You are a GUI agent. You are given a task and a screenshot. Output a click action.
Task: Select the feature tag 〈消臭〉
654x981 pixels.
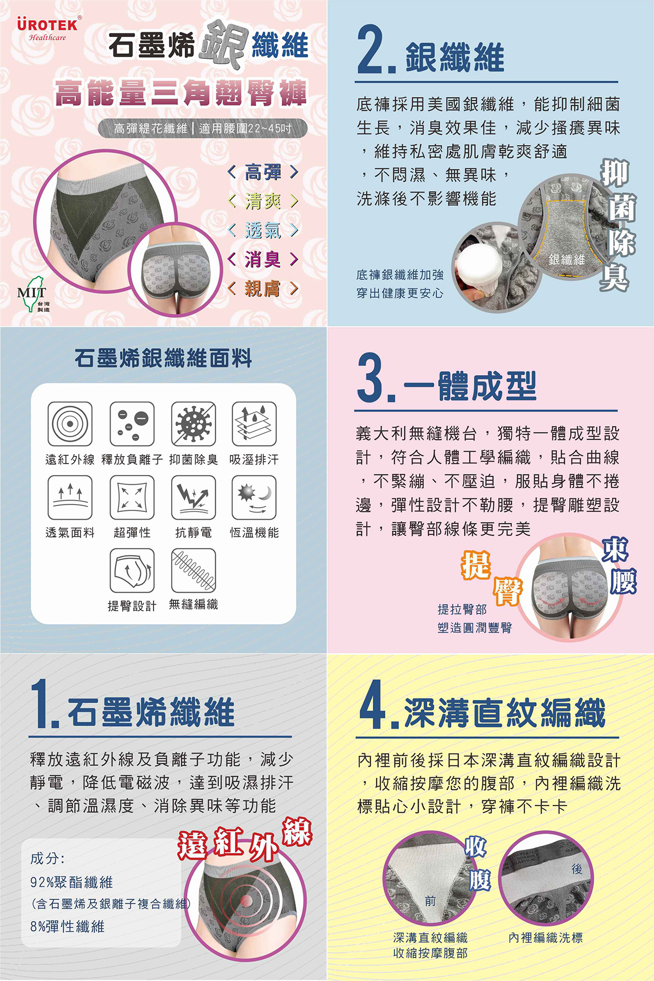click(x=263, y=259)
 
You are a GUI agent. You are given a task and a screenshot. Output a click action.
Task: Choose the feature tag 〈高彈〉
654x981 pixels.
click(x=263, y=173)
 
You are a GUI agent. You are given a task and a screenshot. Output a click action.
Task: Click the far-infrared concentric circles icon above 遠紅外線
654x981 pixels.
click(x=70, y=424)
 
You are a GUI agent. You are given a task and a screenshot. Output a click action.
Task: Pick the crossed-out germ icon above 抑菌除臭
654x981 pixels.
click(x=193, y=424)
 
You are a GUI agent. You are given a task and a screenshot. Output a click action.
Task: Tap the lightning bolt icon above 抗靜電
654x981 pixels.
click(x=193, y=497)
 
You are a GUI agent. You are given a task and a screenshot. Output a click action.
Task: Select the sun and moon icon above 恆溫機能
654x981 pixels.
click(x=254, y=497)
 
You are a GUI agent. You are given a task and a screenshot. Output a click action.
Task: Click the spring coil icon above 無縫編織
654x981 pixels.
click(x=193, y=570)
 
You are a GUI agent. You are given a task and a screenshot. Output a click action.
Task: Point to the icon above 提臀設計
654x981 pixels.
click(x=132, y=570)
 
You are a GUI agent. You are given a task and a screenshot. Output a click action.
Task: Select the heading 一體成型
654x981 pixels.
click(x=470, y=386)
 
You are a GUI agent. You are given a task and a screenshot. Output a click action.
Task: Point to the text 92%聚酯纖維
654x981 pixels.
click(x=72, y=882)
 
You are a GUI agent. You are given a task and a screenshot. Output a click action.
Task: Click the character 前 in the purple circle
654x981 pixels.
click(x=431, y=901)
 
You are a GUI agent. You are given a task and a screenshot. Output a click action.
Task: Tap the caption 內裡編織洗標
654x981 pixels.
click(x=546, y=937)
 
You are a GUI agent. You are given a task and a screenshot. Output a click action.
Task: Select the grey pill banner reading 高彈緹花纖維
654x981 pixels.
click(x=203, y=129)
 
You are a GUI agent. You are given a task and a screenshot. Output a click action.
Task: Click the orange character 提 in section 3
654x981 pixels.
click(x=476, y=565)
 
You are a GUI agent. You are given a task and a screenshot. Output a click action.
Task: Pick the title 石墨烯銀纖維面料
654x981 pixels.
click(x=163, y=358)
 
